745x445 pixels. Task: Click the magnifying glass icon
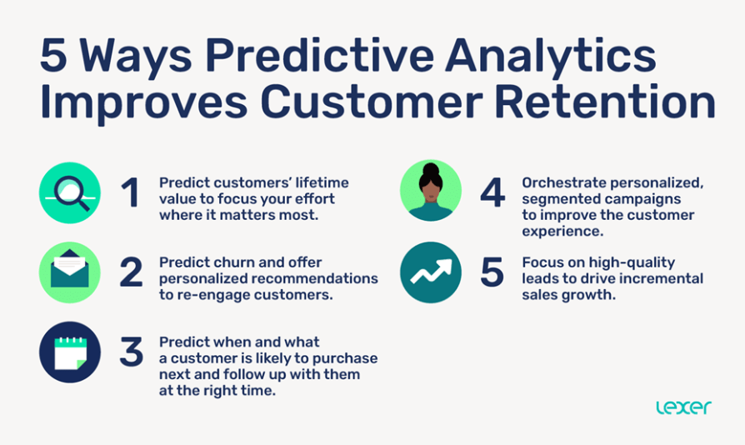[70, 192]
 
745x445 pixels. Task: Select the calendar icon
[70, 352]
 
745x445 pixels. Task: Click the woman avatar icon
[431, 191]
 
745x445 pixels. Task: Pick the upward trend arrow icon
[431, 272]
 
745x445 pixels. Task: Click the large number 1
[129, 193]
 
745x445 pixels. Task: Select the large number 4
[492, 193]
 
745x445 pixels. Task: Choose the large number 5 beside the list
[492, 273]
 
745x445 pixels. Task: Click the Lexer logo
[682, 407]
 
